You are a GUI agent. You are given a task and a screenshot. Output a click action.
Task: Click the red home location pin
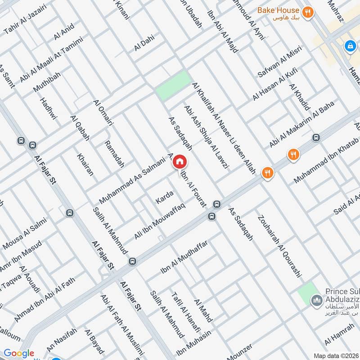tap(180, 162)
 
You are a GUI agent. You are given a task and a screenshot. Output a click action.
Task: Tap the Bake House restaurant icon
tap(308, 12)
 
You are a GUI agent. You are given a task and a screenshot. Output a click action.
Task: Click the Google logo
tap(19, 353)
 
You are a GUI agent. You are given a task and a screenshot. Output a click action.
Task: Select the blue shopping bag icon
tap(350, 45)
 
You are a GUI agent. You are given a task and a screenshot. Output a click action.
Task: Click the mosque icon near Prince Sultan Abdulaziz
tap(317, 300)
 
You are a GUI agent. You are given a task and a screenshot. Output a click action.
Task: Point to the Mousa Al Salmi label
tap(20, 232)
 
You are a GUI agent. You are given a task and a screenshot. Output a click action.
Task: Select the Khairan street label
tap(85, 164)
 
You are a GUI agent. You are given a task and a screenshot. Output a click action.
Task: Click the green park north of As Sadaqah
tap(173, 85)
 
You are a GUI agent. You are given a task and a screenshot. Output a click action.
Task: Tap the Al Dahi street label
tap(144, 44)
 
